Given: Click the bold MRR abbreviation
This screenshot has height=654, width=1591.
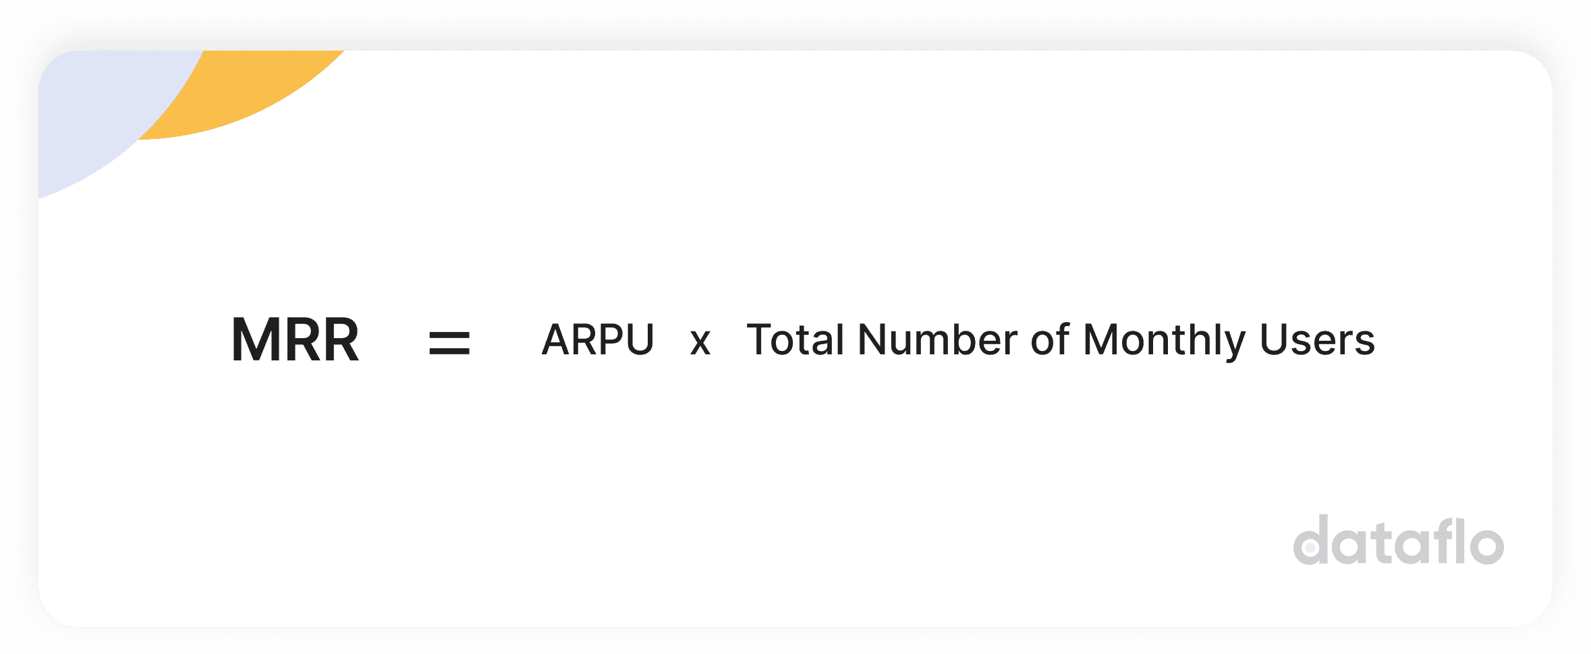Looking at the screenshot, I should tap(295, 339).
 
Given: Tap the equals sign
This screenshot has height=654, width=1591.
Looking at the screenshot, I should tap(449, 343).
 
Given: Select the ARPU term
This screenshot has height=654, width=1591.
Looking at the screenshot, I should tap(598, 339).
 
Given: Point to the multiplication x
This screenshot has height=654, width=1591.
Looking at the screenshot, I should tap(700, 342).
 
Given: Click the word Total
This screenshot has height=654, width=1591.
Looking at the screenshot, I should tap(795, 339).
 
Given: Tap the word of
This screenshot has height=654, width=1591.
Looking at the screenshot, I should tap(1050, 339).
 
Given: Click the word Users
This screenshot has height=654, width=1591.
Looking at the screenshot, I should tap(1317, 339).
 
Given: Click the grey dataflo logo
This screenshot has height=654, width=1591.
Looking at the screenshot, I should tap(1398, 540).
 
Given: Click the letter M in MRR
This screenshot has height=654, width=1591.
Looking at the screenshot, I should tap(256, 339).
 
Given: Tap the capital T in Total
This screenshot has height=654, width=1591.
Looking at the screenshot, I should tap(762, 339).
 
